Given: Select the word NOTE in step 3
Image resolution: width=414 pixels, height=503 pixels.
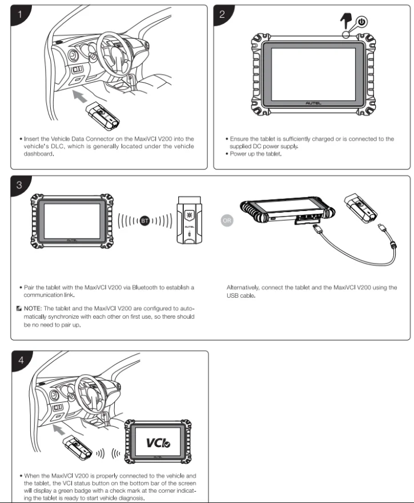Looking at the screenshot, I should click(x=38, y=307).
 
